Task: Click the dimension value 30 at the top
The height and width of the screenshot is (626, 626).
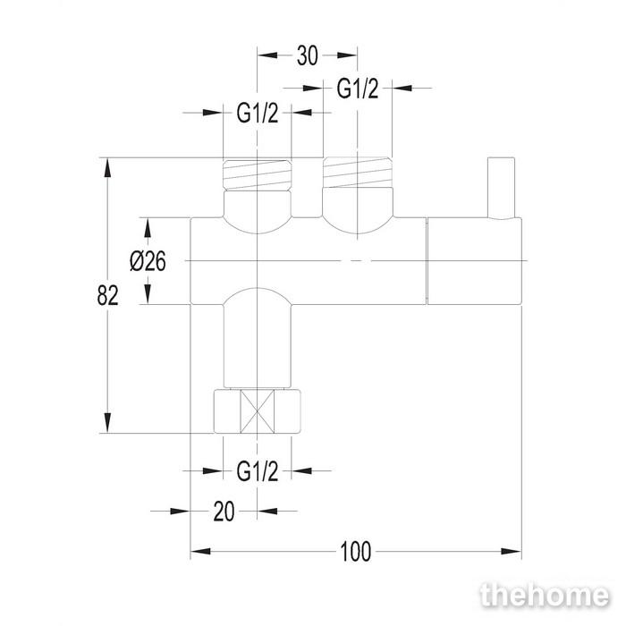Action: (308, 55)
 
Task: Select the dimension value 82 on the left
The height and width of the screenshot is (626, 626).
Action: (108, 296)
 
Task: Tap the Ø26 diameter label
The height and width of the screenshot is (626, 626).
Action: (148, 262)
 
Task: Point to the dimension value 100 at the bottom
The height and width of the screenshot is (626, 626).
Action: (356, 552)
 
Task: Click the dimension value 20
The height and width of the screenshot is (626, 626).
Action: (224, 512)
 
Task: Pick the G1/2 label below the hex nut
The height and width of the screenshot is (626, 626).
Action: (258, 471)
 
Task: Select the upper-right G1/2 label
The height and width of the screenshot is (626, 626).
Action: (358, 89)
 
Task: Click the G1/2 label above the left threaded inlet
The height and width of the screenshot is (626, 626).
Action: (258, 113)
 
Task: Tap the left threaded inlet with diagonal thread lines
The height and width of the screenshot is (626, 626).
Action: (258, 175)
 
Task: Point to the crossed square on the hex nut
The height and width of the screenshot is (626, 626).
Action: (258, 411)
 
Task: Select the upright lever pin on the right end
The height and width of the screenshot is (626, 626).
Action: (501, 188)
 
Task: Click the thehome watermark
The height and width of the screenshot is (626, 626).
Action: (545, 596)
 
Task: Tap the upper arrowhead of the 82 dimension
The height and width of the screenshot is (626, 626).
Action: (107, 168)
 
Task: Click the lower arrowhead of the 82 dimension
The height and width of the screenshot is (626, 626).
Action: (107, 423)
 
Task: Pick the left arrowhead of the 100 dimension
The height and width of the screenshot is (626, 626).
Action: (200, 552)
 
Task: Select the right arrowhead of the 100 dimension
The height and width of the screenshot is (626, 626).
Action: (512, 552)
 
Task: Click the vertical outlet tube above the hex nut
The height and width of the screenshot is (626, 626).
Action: (258, 338)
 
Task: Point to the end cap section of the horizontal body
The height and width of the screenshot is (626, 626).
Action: (474, 261)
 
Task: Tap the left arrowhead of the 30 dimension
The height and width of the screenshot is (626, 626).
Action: (267, 55)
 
